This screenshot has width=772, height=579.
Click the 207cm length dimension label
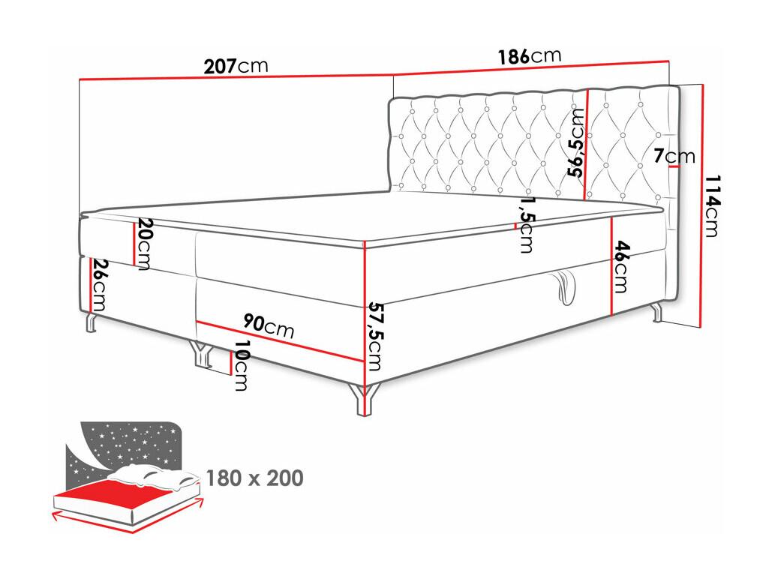(236, 66)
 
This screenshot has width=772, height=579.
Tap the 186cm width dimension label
(529, 56)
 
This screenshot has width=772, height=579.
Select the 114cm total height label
(711, 205)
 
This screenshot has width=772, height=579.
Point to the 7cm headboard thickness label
(674, 156)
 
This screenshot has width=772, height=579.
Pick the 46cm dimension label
(621, 266)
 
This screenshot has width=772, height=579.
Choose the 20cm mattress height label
(143, 244)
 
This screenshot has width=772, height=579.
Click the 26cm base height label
(98, 285)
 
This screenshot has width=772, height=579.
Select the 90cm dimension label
(269, 326)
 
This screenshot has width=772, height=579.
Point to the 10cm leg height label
(240, 365)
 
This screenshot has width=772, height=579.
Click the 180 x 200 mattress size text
(254, 478)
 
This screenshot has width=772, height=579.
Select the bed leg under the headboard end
(656, 312)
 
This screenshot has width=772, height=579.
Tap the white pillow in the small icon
(152, 476)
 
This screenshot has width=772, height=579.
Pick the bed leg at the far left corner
(91, 322)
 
